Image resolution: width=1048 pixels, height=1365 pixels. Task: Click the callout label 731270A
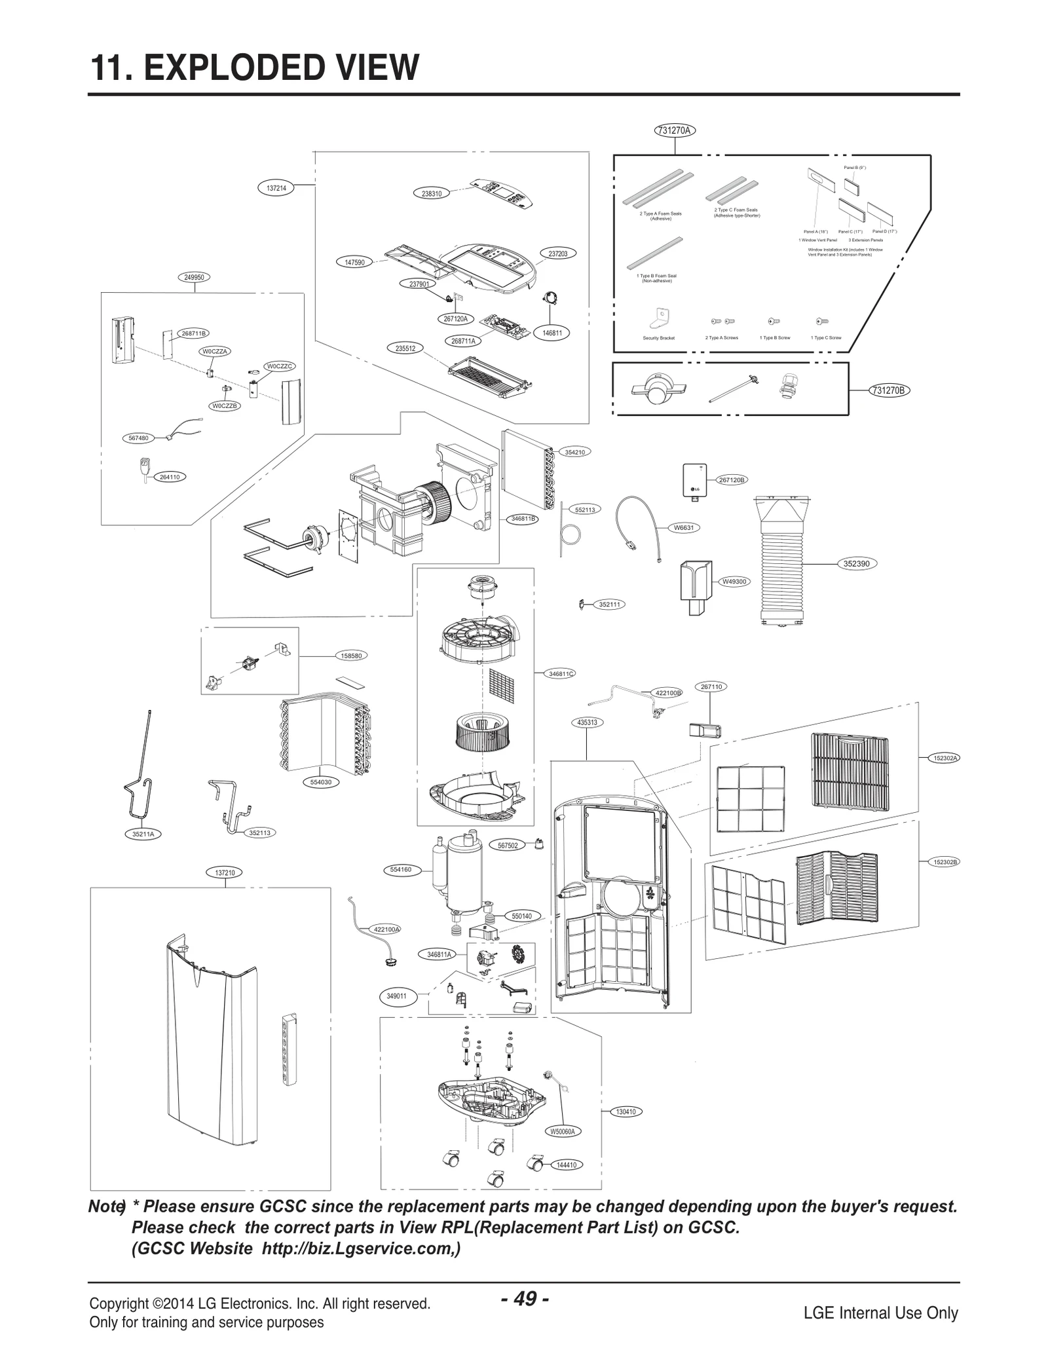[675, 130]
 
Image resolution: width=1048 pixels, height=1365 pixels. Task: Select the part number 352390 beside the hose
[856, 563]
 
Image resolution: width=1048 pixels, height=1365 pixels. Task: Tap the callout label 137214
[276, 188]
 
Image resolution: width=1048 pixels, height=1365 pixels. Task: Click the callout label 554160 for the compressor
[400, 869]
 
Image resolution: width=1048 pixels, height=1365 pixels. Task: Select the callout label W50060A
[562, 1131]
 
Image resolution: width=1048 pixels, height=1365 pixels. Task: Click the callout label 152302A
[946, 758]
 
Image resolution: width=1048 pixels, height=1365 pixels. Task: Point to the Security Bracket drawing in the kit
[659, 319]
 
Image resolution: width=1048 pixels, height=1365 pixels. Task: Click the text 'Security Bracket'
[658, 338]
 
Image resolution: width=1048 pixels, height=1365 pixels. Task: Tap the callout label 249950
[194, 277]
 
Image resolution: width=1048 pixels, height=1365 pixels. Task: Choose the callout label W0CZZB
[225, 405]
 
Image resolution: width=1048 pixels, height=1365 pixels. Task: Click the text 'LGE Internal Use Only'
[880, 1313]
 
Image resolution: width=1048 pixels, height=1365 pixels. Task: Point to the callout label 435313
[586, 722]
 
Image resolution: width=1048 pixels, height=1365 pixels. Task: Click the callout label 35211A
[143, 834]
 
